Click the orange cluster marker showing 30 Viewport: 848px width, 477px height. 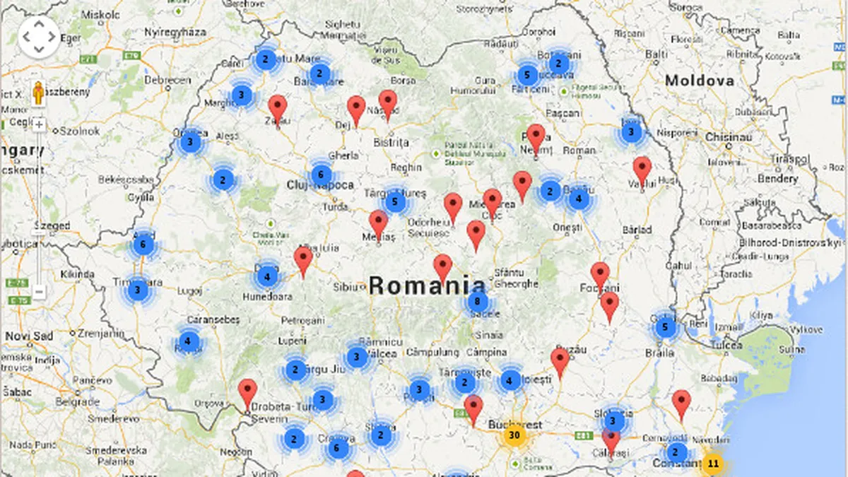pos(514,435)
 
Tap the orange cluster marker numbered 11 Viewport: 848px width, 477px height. pos(713,464)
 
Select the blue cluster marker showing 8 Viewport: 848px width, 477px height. pos(478,302)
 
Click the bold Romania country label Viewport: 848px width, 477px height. pos(427,285)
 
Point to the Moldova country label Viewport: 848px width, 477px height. pos(699,81)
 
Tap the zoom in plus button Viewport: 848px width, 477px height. pos(39,126)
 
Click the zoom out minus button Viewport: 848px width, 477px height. pos(39,291)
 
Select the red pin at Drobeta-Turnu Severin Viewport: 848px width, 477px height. pos(247,392)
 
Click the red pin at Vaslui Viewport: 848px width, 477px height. pos(642,170)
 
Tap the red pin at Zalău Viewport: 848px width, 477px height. pos(278,109)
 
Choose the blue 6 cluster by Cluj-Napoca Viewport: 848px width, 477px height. pos(321,175)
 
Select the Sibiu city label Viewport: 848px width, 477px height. pos(346,287)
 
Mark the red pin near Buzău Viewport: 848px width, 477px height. pos(560,361)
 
